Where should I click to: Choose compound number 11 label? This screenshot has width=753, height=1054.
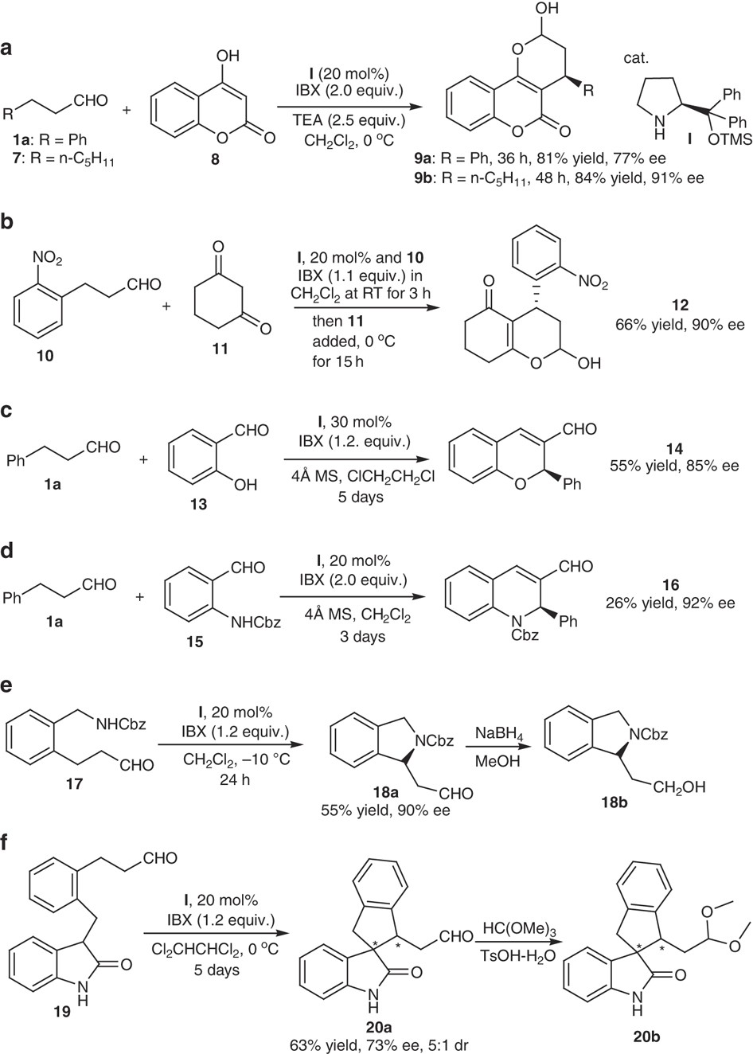220,349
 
